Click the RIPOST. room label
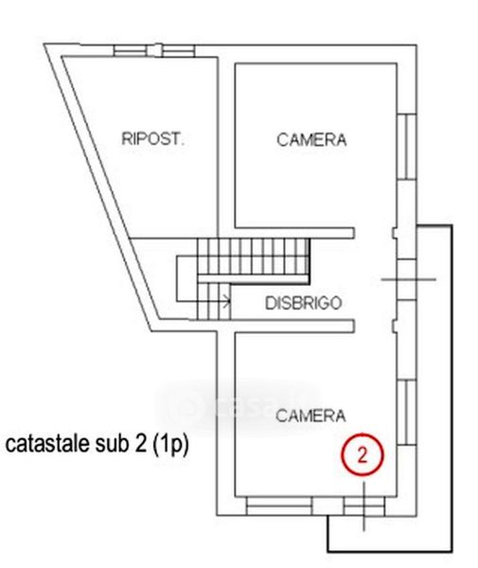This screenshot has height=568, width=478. click(152, 139)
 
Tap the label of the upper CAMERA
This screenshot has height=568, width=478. click(311, 140)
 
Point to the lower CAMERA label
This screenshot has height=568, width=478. click(310, 416)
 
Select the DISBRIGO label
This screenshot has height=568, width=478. click(304, 303)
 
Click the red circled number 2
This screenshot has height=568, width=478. click(363, 454)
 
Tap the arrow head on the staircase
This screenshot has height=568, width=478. click(227, 301)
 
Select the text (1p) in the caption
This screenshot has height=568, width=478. click(170, 444)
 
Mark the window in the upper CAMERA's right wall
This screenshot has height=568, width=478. click(407, 147)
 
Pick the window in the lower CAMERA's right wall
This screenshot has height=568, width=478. click(407, 412)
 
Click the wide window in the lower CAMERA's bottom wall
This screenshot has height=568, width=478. click(279, 506)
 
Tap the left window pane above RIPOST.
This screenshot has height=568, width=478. click(131, 50)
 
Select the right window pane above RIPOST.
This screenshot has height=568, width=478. click(178, 50)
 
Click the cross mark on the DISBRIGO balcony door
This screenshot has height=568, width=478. click(409, 279)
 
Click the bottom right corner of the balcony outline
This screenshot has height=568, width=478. click(452, 552)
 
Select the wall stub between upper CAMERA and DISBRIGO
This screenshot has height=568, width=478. click(294, 233)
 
